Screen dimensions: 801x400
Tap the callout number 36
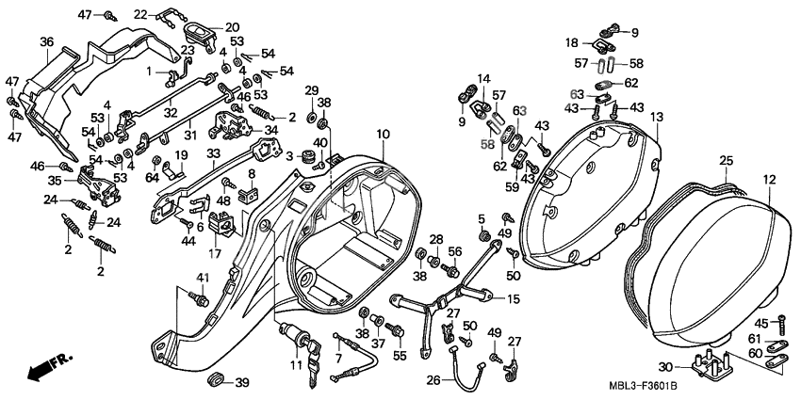[x=47, y=42]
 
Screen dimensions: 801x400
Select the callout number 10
[x=384, y=135]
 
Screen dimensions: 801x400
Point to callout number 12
[x=769, y=180]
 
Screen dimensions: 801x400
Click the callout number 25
[x=727, y=161]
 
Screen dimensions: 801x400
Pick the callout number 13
[x=657, y=118]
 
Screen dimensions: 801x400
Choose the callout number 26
[x=433, y=379]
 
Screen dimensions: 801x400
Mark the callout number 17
[x=214, y=253]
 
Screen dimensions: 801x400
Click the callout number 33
[x=214, y=152]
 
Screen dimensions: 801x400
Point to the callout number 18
[x=572, y=43]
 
